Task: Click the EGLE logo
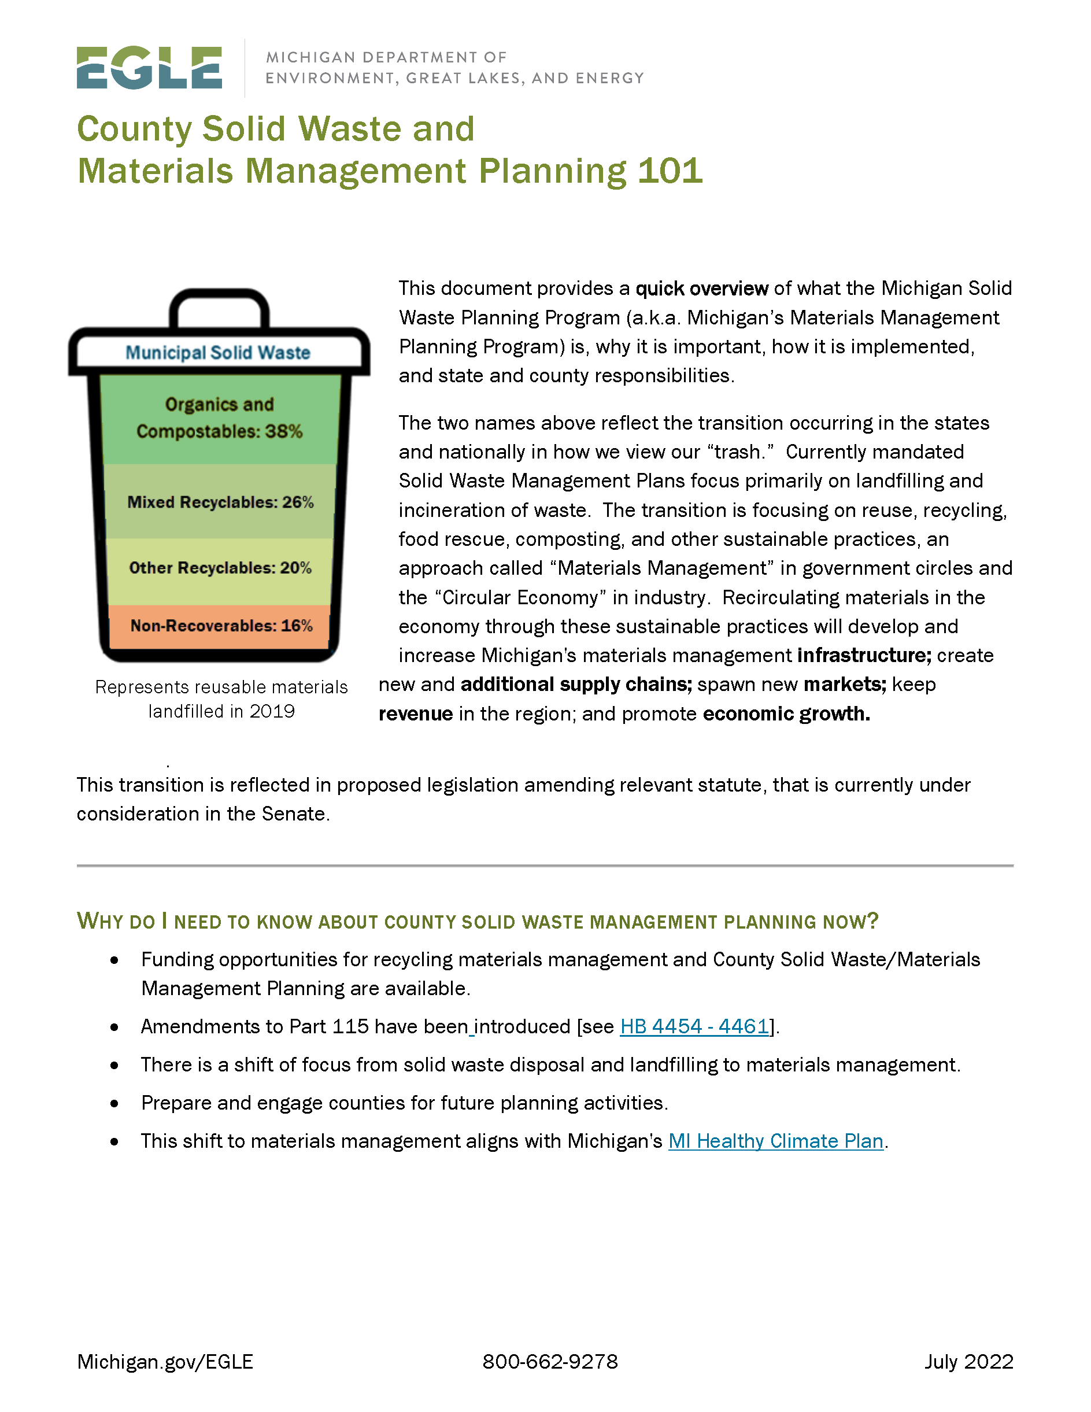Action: coord(149,67)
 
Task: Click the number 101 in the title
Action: coord(670,171)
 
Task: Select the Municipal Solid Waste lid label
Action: coord(218,352)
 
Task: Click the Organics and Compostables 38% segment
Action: coord(220,418)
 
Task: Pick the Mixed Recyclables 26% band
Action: coord(220,502)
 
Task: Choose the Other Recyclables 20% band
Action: coord(220,568)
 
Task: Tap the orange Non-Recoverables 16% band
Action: coord(220,626)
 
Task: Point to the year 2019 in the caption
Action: coord(272,711)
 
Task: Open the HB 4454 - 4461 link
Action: coord(694,1027)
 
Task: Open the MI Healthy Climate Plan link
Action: coord(775,1141)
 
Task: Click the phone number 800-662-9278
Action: coord(550,1362)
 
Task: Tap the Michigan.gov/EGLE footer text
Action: coord(165,1362)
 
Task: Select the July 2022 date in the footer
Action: coord(968,1362)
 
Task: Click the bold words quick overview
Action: coord(702,289)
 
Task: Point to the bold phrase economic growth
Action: coord(786,714)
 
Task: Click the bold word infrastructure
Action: coord(864,656)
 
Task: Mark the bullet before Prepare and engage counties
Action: coord(114,1104)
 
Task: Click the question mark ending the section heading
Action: coord(872,921)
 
